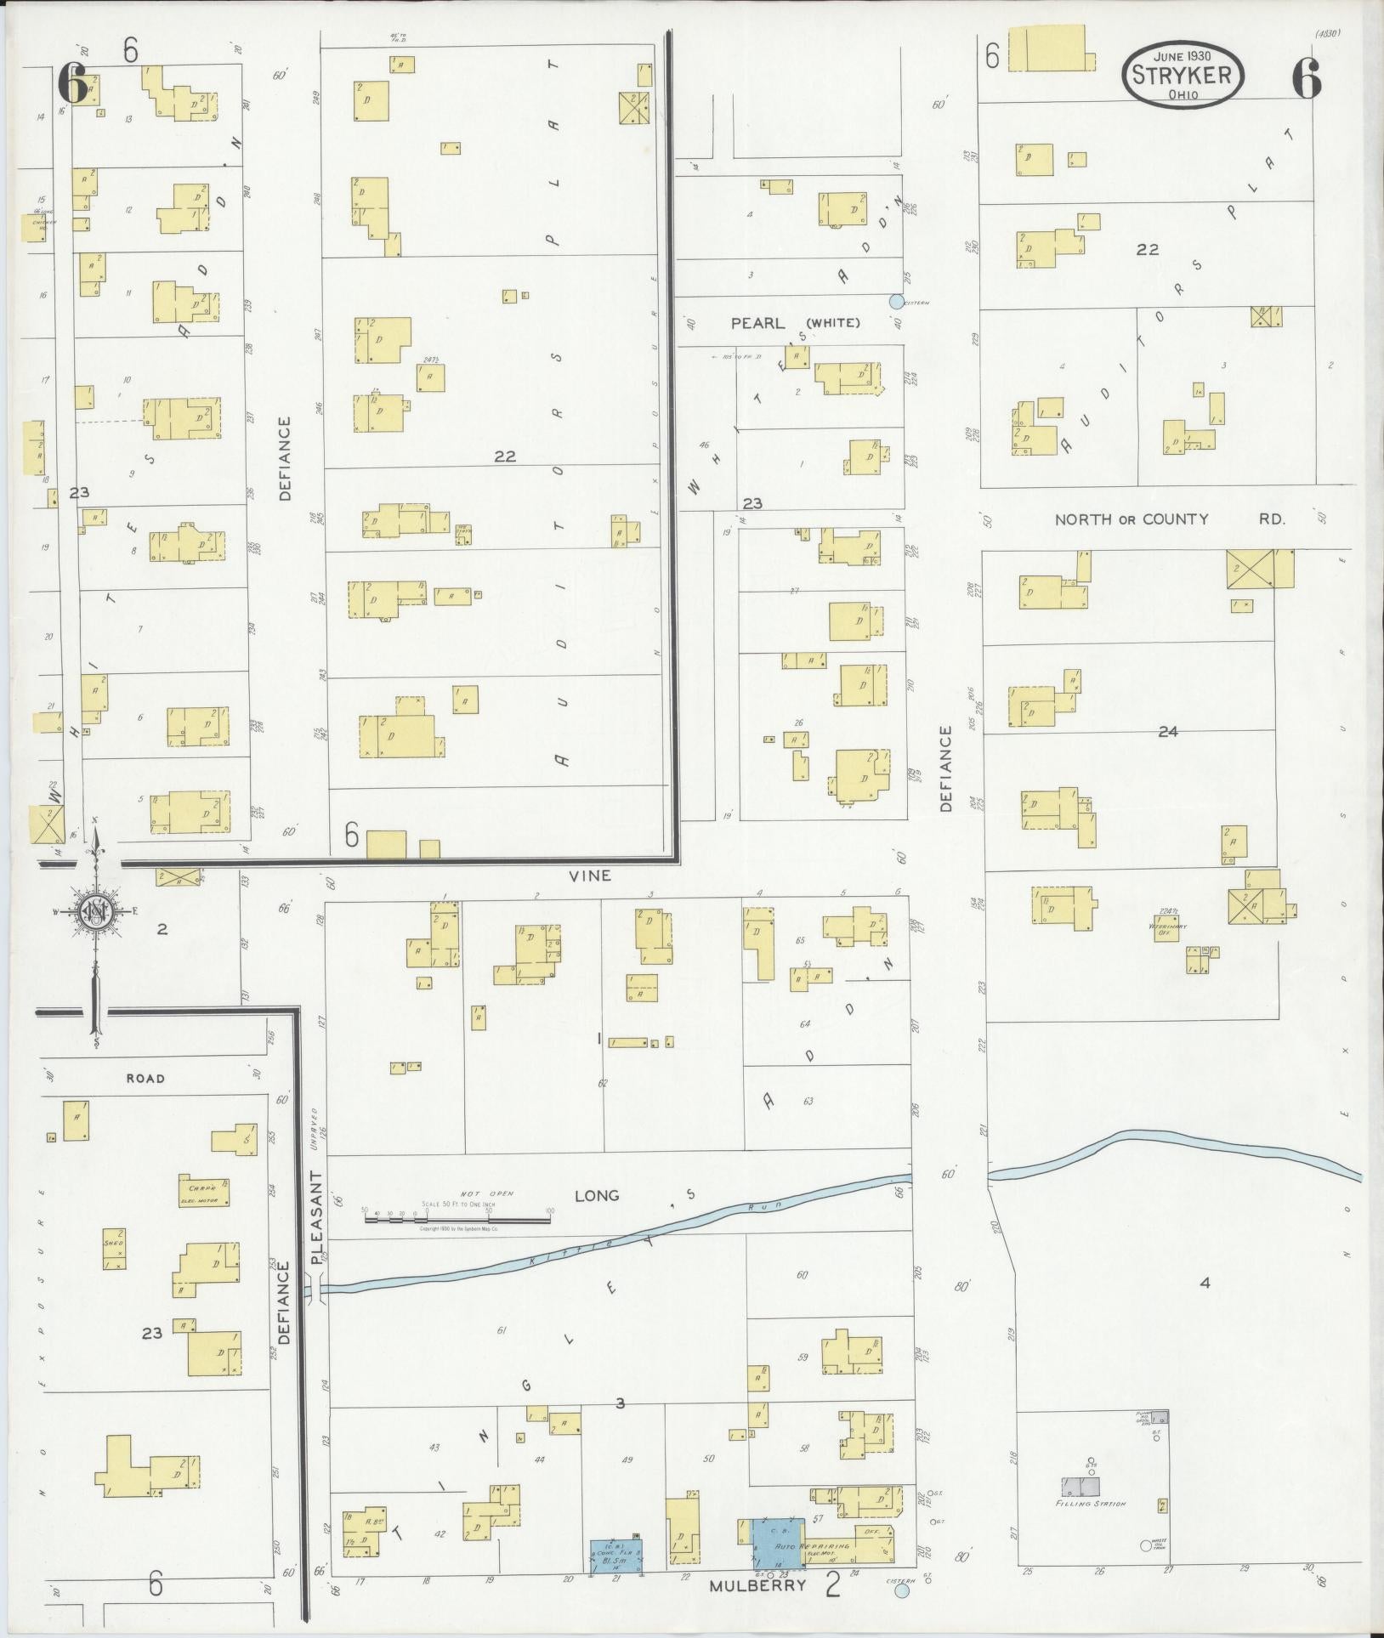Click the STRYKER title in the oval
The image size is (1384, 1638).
pyautogui.click(x=1182, y=75)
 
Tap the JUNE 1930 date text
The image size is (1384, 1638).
pyautogui.click(x=1182, y=55)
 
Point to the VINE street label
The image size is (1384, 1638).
pyautogui.click(x=591, y=875)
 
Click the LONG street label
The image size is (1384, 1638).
pyautogui.click(x=598, y=1196)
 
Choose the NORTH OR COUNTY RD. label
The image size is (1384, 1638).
pyautogui.click(x=1169, y=519)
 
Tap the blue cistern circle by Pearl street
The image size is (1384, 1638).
pyautogui.click(x=895, y=301)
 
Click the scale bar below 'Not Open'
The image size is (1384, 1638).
pyautogui.click(x=457, y=1219)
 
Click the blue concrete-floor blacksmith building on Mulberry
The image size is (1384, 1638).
pyautogui.click(x=616, y=1554)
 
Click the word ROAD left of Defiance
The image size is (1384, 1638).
pyautogui.click(x=145, y=1079)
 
